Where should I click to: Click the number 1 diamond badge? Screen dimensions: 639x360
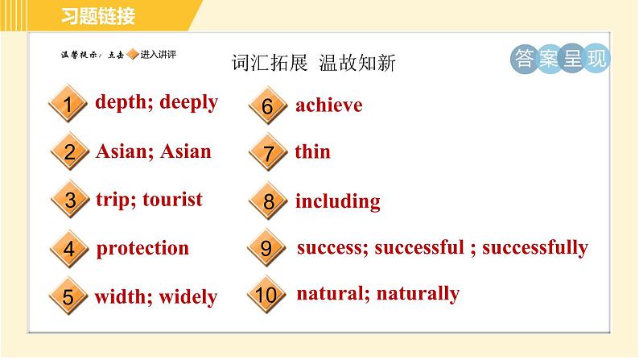click(68, 104)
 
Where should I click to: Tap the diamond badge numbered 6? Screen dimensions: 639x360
click(268, 106)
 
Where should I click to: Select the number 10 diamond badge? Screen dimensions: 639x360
click(266, 294)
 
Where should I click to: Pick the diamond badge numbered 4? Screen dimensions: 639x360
click(69, 249)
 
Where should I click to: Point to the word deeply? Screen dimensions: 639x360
click(188, 102)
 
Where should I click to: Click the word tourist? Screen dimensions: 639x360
click(172, 200)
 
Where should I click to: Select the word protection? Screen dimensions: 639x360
click(142, 249)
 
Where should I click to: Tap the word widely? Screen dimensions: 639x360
click(188, 296)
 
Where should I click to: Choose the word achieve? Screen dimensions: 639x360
click(329, 106)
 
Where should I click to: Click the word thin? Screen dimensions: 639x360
click(312, 151)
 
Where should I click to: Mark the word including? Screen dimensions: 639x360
click(338, 201)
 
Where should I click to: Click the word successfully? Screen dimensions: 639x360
click(535, 247)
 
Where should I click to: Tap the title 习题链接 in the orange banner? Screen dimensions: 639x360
click(98, 16)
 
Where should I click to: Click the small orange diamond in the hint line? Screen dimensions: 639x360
click(133, 54)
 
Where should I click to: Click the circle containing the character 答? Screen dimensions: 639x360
click(524, 59)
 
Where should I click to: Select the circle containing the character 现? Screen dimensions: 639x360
click(596, 59)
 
